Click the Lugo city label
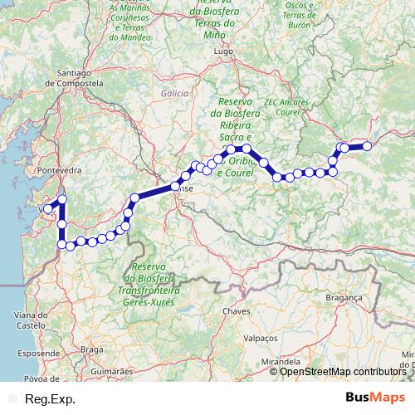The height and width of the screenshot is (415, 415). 222,51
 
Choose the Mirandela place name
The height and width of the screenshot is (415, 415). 280,362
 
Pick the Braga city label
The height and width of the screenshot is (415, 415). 92,349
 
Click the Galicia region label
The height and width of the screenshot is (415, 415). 176,94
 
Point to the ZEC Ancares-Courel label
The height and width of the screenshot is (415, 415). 286,106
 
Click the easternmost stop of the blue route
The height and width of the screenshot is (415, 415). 366,146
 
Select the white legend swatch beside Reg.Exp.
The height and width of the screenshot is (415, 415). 12,398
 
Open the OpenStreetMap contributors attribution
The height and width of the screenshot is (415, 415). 342,372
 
